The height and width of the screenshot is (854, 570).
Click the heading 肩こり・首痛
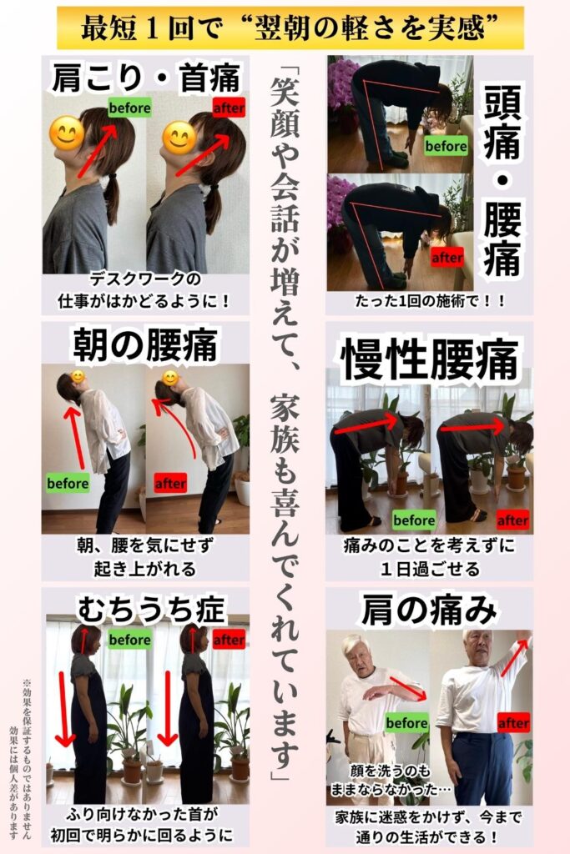[145, 78]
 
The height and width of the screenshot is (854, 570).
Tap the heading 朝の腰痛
[145, 344]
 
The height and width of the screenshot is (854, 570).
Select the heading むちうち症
[150, 609]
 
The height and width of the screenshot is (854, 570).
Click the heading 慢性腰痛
[429, 360]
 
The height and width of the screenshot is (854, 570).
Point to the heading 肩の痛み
[429, 610]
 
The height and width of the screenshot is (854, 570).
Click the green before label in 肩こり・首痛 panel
[129, 108]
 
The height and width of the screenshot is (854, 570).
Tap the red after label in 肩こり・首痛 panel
[229, 108]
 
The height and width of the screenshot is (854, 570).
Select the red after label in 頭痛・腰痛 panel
[447, 257]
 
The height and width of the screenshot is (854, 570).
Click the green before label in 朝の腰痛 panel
[68, 483]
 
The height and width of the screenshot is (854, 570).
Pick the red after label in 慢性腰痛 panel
[512, 520]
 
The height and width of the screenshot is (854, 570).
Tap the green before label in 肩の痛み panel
[406, 723]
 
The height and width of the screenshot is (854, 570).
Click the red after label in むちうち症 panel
[229, 640]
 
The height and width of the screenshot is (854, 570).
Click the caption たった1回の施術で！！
[430, 300]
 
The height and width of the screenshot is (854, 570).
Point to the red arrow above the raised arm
[515, 657]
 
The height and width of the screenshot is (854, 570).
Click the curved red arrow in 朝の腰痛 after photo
[174, 424]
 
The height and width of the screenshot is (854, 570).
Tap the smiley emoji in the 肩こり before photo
[67, 133]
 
